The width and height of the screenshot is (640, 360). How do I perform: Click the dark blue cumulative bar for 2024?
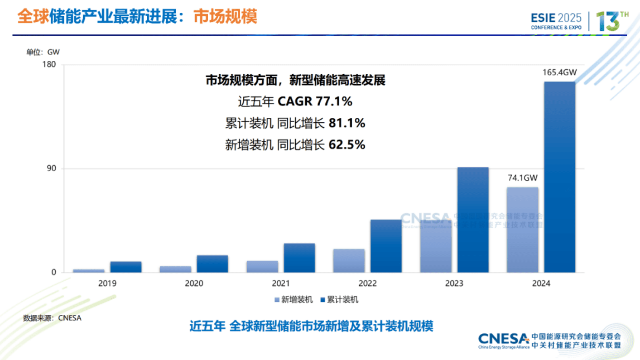tap(559, 177)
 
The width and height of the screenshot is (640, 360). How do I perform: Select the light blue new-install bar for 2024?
tap(522, 230)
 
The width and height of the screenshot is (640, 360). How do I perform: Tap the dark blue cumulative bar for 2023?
tap(473, 220)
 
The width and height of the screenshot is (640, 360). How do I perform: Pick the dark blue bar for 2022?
tap(386, 246)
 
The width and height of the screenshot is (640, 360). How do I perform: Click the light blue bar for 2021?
tap(262, 266)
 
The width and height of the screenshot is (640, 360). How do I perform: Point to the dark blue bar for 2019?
tap(126, 267)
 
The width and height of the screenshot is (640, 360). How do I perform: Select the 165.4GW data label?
tap(559, 73)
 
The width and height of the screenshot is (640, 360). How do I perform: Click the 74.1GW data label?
tap(522, 178)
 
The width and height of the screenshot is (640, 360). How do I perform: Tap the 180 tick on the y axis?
tap(49, 65)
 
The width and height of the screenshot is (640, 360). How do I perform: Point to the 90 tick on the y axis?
tap(51, 169)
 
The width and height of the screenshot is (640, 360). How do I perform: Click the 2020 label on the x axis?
tap(194, 283)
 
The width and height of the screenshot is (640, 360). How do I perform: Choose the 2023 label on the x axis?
tap(454, 283)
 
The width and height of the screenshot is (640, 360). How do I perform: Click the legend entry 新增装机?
tap(294, 300)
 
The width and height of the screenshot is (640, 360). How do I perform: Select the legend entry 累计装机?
tap(339, 300)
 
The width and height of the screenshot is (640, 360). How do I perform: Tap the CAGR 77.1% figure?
tap(315, 101)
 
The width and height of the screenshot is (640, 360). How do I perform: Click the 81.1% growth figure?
tap(347, 123)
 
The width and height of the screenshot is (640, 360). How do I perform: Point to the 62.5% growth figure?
tap(347, 144)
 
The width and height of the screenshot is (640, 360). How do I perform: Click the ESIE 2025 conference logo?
tap(556, 21)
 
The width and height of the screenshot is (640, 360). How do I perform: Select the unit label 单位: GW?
tap(43, 52)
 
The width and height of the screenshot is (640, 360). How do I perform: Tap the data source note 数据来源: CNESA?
tap(52, 318)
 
